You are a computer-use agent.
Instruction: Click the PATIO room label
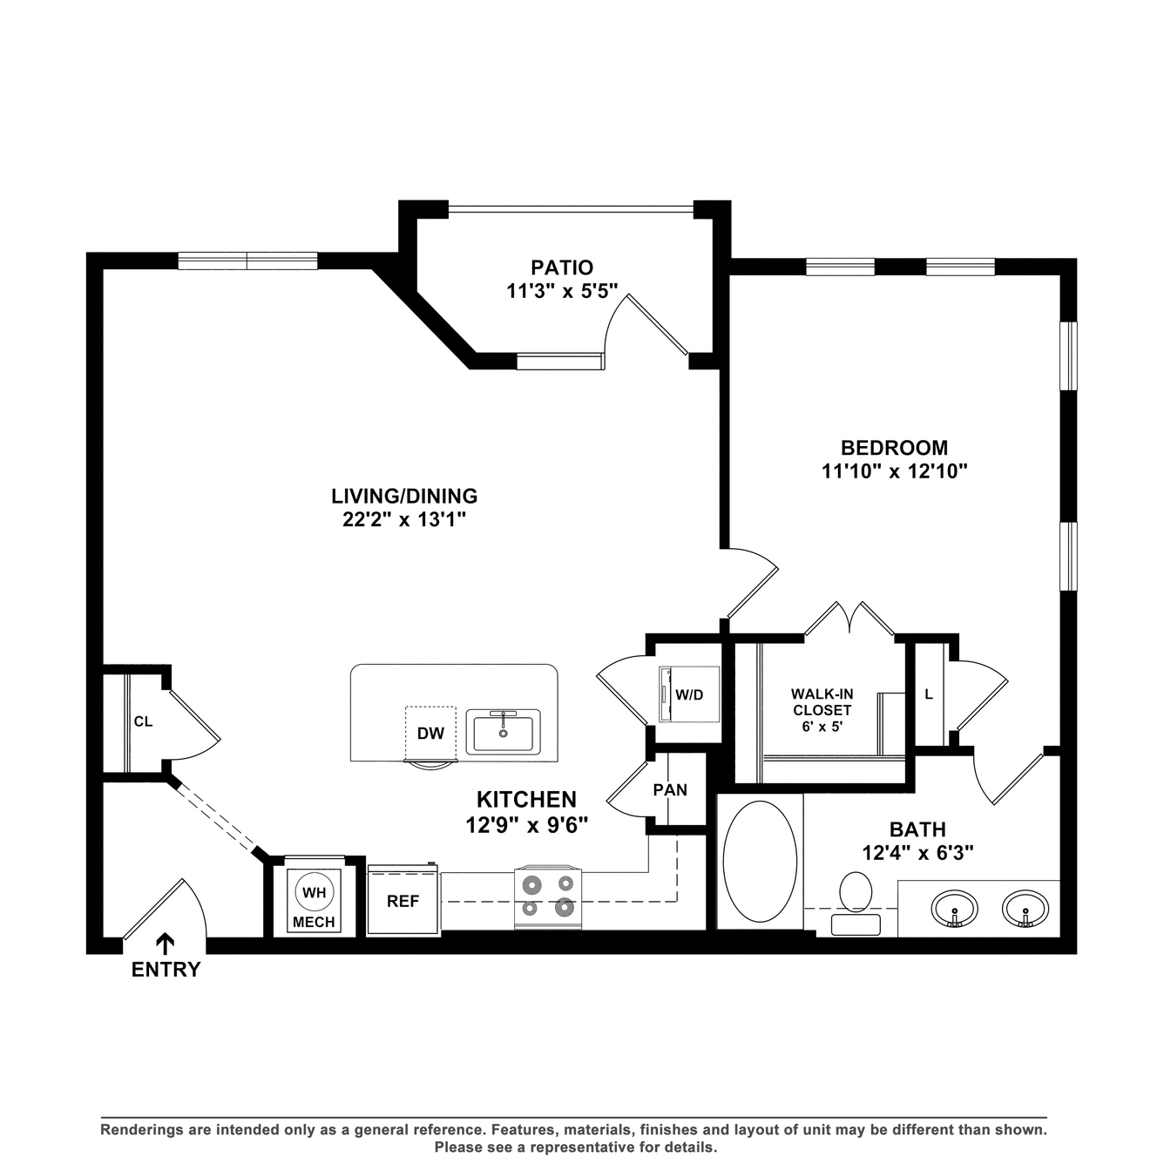[562, 267]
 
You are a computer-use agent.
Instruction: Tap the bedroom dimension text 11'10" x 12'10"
[895, 470]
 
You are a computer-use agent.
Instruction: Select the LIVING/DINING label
[404, 496]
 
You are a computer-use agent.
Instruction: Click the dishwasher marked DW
[430, 734]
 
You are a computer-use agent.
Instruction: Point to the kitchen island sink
[503, 732]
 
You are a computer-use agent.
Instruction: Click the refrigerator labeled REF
[403, 901]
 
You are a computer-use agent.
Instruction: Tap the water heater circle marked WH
[315, 892]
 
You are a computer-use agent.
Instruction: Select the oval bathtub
[760, 862]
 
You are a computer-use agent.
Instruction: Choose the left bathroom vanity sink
[954, 909]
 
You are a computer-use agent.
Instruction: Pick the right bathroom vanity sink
[1025, 909]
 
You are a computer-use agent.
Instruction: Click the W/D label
[689, 694]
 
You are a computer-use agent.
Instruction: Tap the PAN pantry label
[670, 789]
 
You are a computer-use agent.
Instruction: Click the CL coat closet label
[143, 721]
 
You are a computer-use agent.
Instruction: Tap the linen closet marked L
[929, 694]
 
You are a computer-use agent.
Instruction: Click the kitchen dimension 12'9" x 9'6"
[527, 824]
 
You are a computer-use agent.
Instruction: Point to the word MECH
[315, 922]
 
